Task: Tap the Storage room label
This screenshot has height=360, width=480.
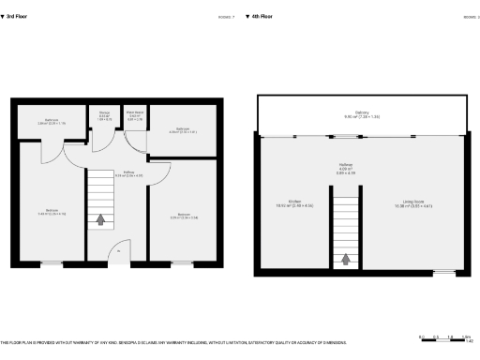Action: [105, 112]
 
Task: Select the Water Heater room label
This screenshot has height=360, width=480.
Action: [133, 112]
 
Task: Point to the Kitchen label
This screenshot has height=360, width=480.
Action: [294, 201]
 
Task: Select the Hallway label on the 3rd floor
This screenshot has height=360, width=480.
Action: [127, 172]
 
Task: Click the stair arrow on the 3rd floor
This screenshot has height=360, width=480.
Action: [100, 220]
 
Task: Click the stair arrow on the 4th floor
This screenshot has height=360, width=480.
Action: [347, 260]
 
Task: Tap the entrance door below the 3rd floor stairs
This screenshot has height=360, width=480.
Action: [118, 251]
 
